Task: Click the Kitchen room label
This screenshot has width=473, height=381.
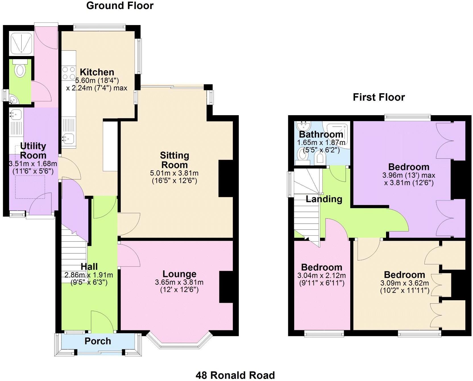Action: pyautogui.click(x=97, y=72)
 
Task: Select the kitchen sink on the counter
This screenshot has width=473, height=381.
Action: pyautogui.click(x=69, y=138)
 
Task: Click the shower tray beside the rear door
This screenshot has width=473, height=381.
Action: pyautogui.click(x=21, y=43)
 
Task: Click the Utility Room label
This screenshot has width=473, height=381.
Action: pyautogui.click(x=33, y=151)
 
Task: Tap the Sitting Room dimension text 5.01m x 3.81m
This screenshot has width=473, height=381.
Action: pyautogui.click(x=174, y=173)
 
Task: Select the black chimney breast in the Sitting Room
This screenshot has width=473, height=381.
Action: pyautogui.click(x=226, y=179)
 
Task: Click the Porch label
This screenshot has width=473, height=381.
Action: pyautogui.click(x=98, y=341)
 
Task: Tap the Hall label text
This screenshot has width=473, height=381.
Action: pyautogui.click(x=89, y=267)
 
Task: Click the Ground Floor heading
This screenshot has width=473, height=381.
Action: pyautogui.click(x=120, y=6)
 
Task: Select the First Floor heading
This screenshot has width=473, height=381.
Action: pyautogui.click(x=379, y=97)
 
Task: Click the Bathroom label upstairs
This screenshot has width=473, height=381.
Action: pyautogui.click(x=321, y=134)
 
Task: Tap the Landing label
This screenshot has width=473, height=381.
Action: pyautogui.click(x=324, y=199)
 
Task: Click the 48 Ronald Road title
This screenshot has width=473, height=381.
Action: pyautogui.click(x=235, y=375)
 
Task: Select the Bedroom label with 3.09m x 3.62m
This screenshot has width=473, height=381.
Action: pyautogui.click(x=404, y=275)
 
